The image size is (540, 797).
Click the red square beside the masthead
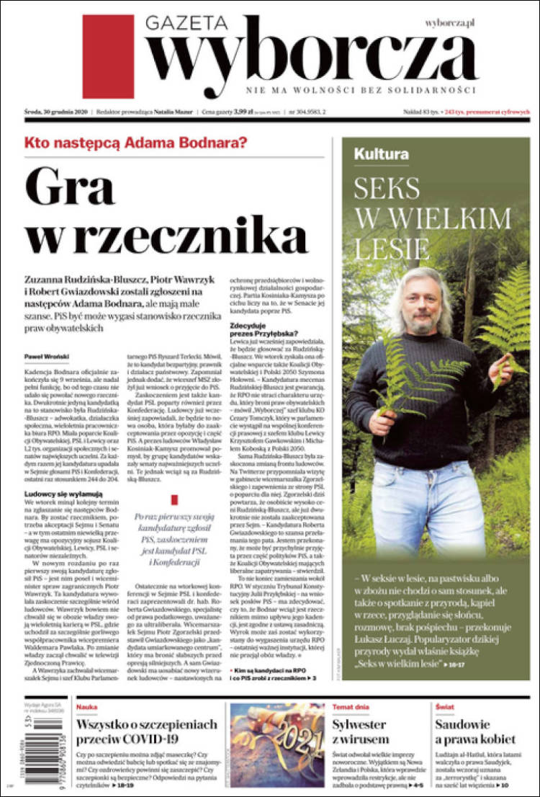click(108, 56)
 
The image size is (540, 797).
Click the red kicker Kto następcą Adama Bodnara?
click(135, 143)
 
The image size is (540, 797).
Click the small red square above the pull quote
click(174, 499)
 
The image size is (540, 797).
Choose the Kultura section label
click(381, 153)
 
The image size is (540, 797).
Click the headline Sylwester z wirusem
click(360, 731)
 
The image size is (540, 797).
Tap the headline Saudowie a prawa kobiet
click(475, 731)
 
